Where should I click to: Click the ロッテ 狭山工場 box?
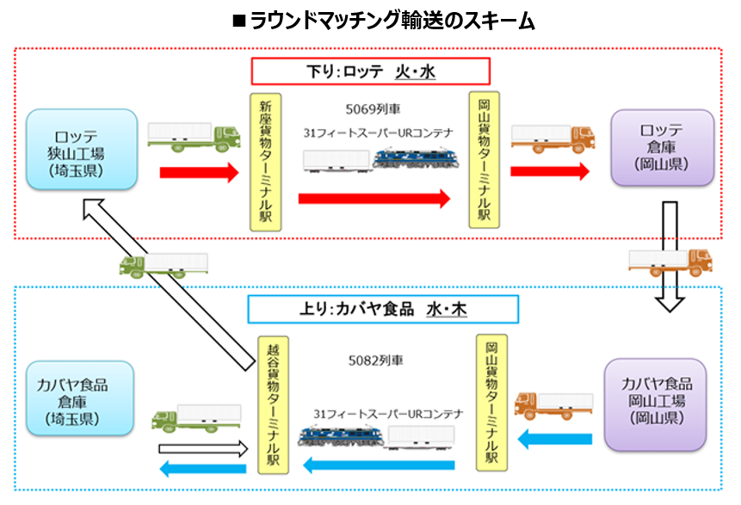(82, 148)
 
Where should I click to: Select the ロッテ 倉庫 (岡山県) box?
(662, 147)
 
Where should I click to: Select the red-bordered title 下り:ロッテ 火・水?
(370, 71)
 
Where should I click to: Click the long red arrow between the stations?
(374, 199)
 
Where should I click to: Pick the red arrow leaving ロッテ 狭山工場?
(198, 172)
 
